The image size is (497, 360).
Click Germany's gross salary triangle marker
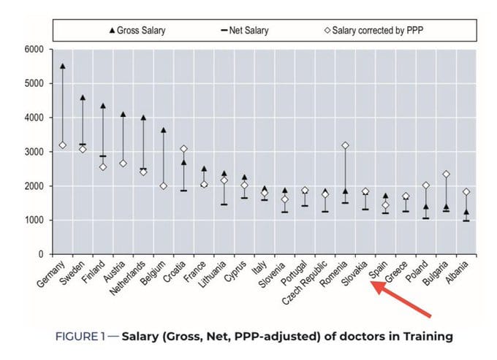click(62, 66)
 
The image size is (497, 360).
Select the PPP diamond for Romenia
click(345, 145)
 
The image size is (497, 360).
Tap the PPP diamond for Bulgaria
click(446, 174)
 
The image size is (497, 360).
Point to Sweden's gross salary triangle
click(83, 98)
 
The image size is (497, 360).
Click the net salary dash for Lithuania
click(224, 204)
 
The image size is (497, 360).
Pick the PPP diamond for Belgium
click(163, 186)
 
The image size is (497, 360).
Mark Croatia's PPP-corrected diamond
click(183, 149)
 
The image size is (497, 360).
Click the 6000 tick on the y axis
click(34, 50)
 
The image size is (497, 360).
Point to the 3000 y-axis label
click(34, 152)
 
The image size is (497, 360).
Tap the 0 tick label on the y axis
click(41, 254)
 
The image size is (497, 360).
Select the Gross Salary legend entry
click(137, 31)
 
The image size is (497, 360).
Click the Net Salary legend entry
click(245, 31)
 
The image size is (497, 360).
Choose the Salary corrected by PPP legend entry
click(373, 31)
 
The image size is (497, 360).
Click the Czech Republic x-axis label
click(305, 282)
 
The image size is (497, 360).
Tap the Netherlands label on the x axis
click(128, 277)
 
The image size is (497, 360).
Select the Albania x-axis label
click(457, 272)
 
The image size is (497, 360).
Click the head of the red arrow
click(371, 281)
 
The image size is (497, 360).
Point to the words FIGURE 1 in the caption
click(80, 336)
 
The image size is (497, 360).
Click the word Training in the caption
click(428, 337)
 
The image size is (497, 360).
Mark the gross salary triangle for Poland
click(426, 207)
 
